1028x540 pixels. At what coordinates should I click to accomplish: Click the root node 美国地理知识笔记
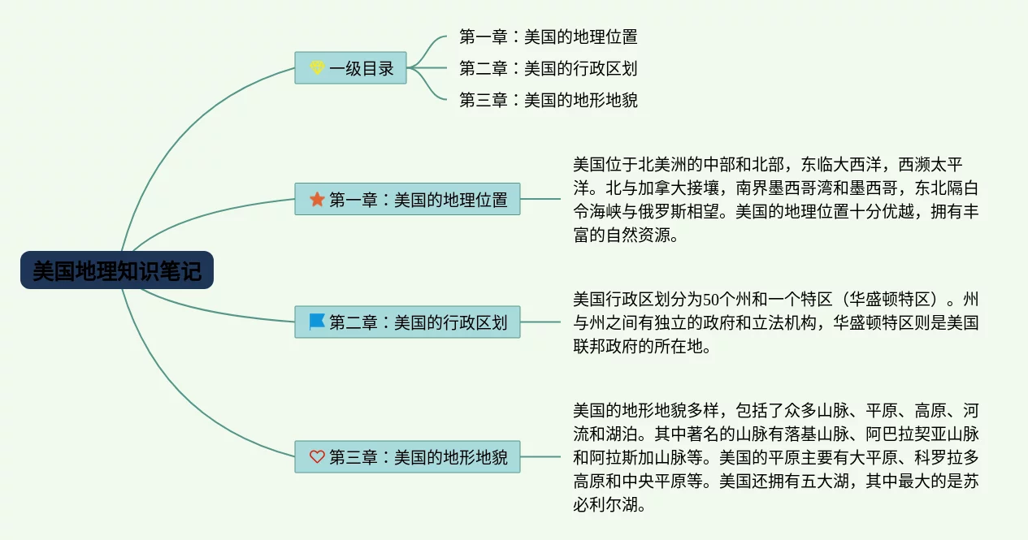(117, 270)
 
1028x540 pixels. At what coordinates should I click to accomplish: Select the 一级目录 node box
(350, 68)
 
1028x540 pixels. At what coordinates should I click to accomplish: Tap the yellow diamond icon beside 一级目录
(317, 68)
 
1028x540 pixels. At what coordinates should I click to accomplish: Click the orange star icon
(317, 199)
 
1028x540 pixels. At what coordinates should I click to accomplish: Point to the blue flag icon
(317, 322)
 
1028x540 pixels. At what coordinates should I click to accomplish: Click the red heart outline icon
(317, 457)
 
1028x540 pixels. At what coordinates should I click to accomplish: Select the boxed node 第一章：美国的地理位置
(407, 199)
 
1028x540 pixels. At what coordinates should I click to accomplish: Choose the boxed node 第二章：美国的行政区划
(407, 322)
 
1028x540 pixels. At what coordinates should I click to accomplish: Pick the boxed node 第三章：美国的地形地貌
(407, 457)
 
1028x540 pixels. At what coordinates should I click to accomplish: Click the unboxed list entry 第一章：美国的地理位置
(548, 37)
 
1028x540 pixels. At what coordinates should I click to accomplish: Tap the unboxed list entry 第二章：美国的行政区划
(548, 68)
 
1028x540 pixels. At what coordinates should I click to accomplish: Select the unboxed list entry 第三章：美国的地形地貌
(548, 100)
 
